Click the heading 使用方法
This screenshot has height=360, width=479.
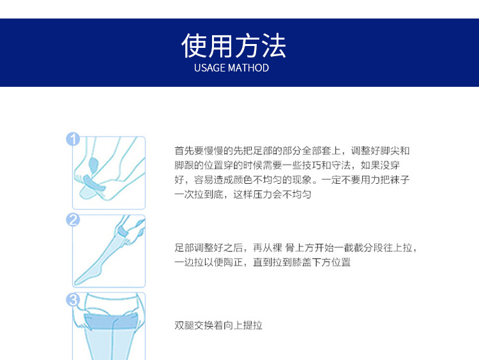[234, 46]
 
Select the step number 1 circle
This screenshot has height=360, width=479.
[73, 139]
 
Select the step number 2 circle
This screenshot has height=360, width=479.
[73, 220]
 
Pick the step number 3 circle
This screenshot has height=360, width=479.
[73, 299]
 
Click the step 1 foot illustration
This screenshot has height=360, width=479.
[109, 173]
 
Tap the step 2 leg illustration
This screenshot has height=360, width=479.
[109, 251]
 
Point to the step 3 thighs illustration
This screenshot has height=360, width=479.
[109, 326]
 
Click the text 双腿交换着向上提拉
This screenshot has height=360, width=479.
[218, 325]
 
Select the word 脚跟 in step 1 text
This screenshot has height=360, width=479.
[184, 165]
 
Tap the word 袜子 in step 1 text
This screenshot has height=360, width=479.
[400, 179]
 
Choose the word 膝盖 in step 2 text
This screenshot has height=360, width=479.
[302, 262]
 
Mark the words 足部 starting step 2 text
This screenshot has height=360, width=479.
[184, 247]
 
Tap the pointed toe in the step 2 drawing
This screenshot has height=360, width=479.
[77, 282]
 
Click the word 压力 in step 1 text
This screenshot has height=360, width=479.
[262, 194]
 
